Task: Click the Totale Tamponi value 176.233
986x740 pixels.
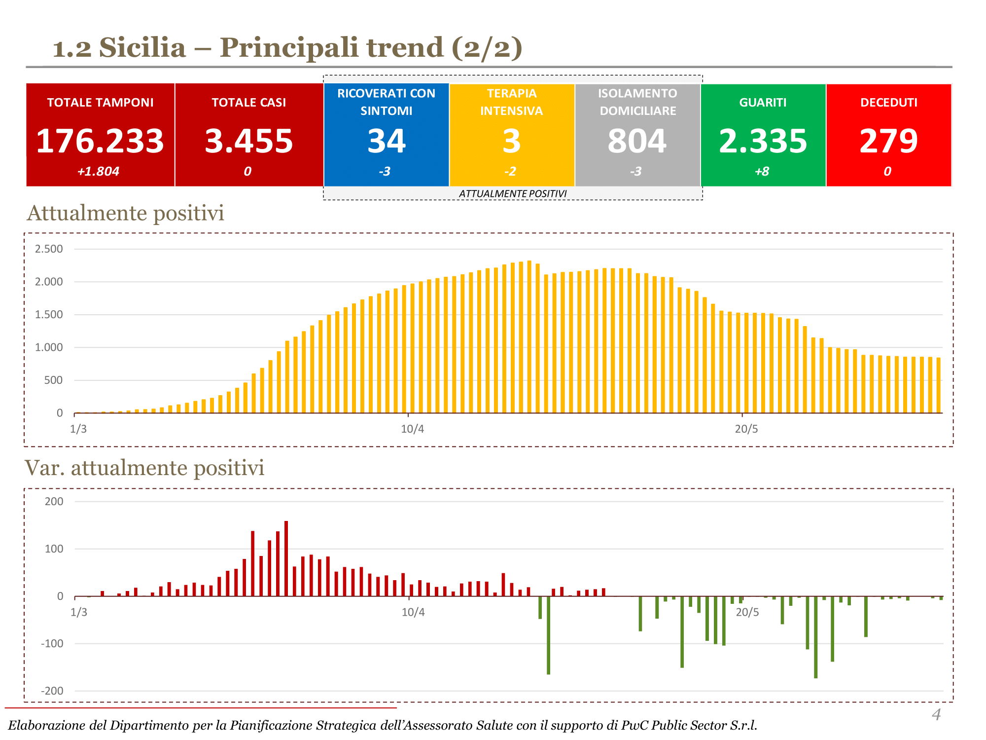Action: point(100,141)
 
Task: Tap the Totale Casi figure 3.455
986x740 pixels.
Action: point(249,141)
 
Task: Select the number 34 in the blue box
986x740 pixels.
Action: point(387,141)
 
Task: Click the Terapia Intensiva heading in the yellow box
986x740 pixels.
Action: point(512,102)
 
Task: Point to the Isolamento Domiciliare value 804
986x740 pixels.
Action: point(637,141)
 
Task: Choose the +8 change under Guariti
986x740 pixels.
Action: point(762,172)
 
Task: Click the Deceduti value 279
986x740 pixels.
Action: point(888,141)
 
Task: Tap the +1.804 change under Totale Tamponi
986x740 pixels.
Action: point(98,172)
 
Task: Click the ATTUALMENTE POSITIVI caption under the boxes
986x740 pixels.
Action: point(513,194)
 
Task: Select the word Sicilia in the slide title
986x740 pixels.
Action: point(142,48)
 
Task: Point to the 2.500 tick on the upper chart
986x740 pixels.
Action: point(49,249)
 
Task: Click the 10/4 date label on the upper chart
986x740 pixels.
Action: point(412,429)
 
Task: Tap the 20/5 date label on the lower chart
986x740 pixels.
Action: point(747,613)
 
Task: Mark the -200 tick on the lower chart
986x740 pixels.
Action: point(52,691)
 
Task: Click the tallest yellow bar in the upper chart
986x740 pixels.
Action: point(529,335)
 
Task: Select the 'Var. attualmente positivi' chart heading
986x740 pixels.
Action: point(144,468)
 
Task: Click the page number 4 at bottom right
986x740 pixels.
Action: point(936,714)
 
